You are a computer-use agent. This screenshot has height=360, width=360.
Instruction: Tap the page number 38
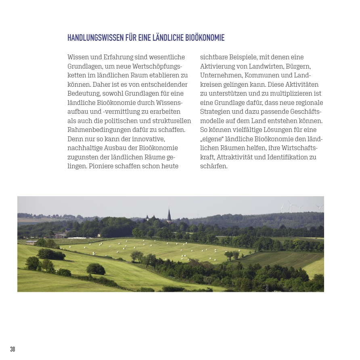coord(13,349)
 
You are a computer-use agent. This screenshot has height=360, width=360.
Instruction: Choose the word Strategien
coord(215,111)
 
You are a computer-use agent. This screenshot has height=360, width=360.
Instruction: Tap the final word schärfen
coord(214,166)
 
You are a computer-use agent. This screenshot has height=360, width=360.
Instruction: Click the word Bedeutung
coord(84,94)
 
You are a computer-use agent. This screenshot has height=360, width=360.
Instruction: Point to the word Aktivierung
coord(219,66)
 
